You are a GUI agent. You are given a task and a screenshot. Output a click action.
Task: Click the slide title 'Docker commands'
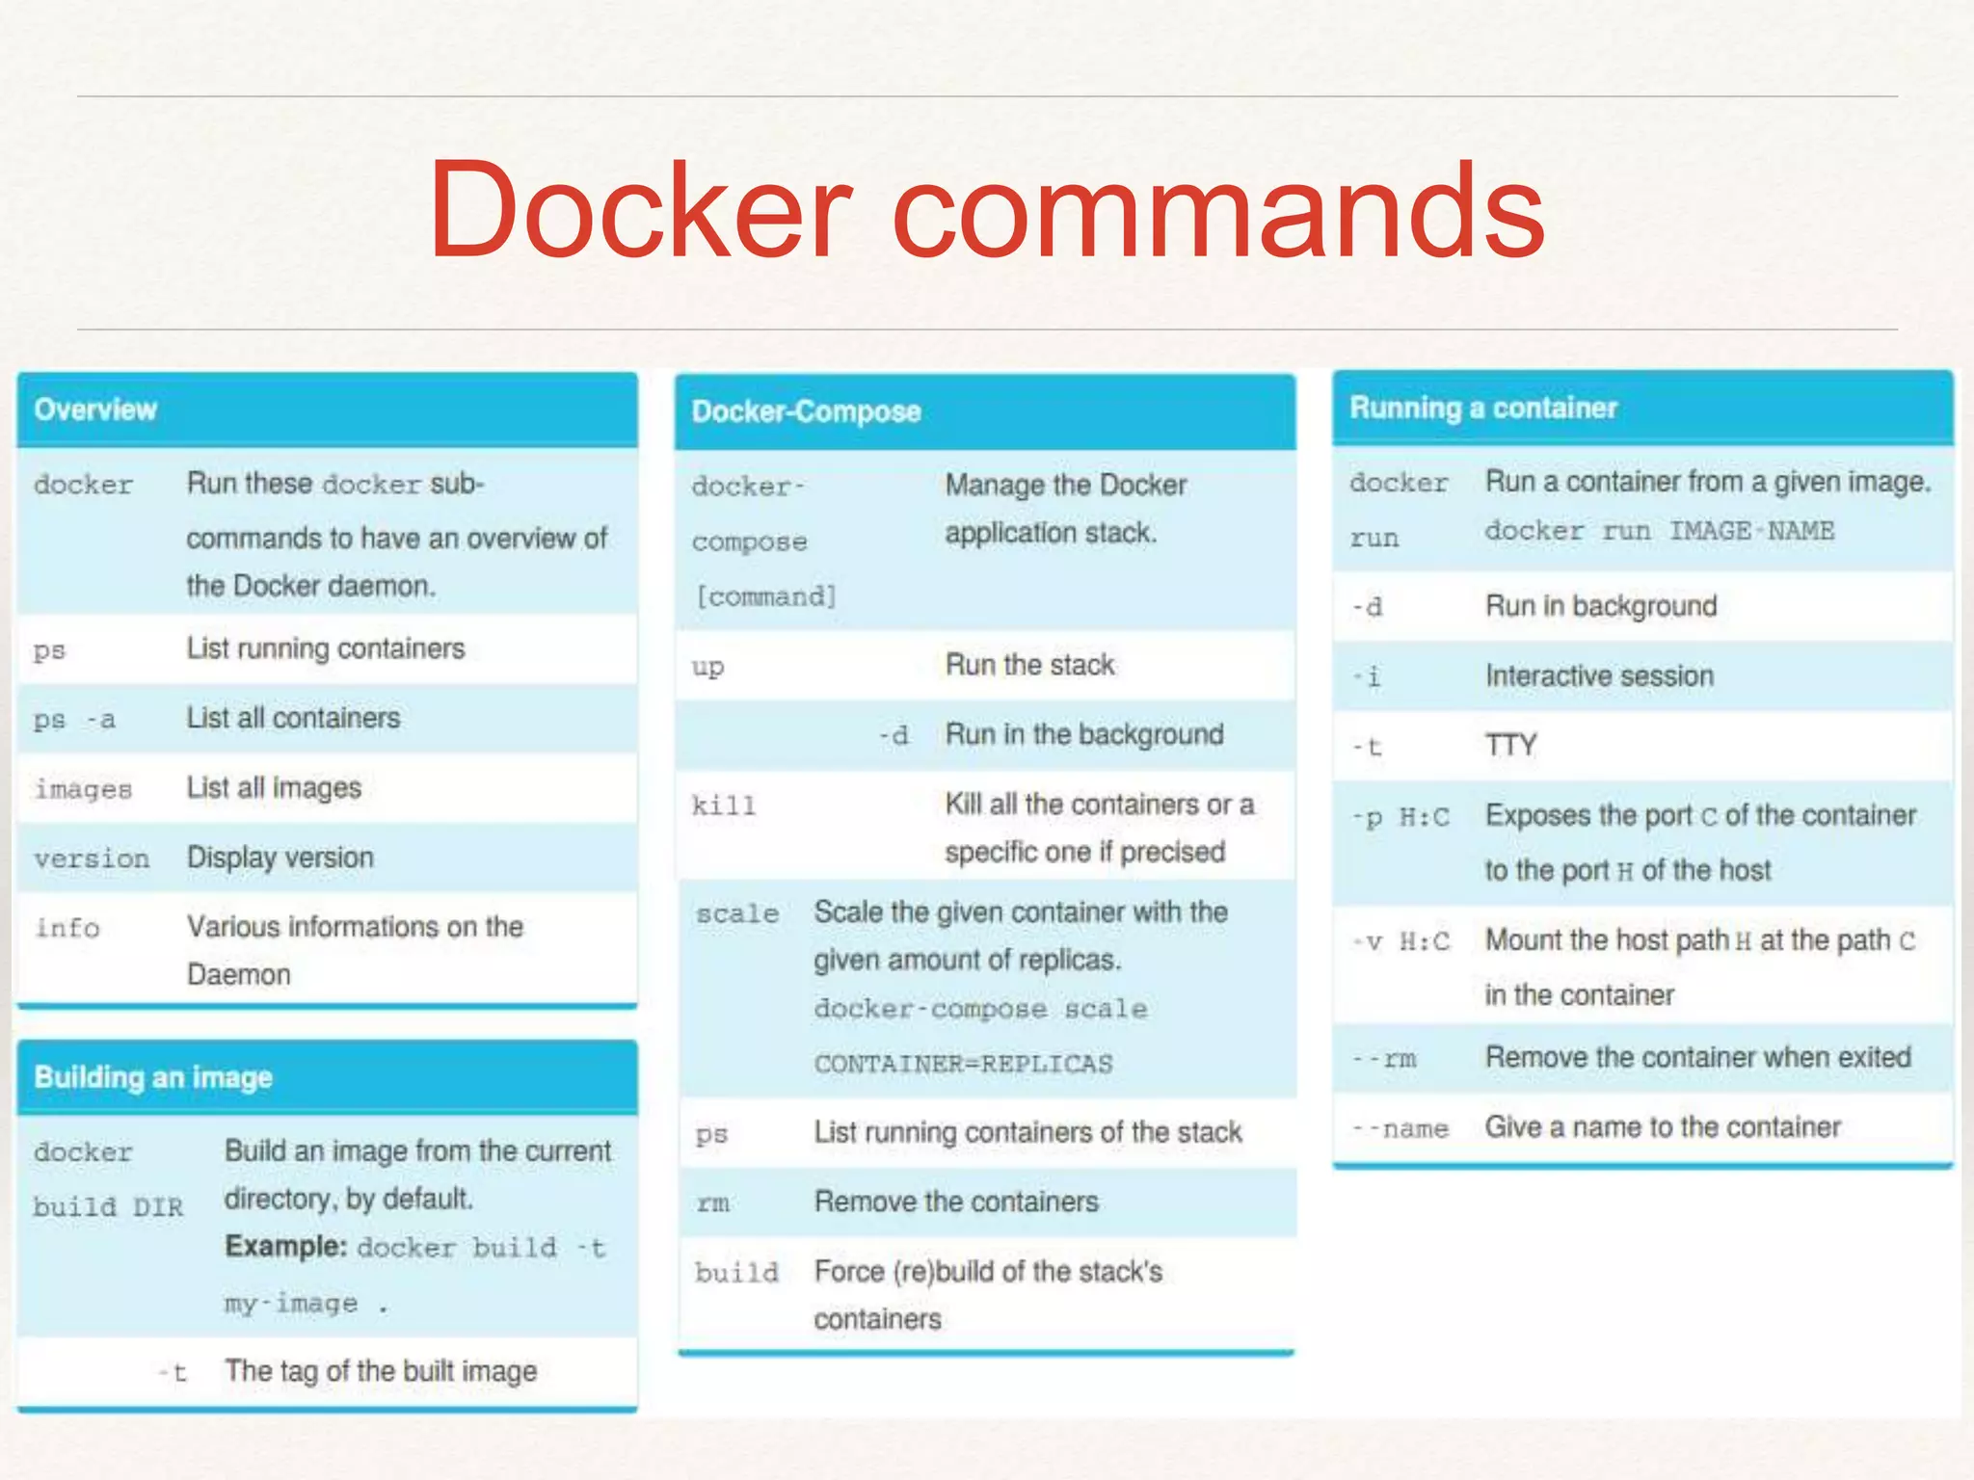coord(986,210)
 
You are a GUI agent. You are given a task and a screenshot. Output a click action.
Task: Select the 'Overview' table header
coord(95,410)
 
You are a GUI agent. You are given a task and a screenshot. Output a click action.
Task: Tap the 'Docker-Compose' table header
coord(806,412)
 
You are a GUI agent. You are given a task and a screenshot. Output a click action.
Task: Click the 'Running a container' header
coord(1482,409)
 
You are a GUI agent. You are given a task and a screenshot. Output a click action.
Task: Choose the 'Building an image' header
coord(153,1077)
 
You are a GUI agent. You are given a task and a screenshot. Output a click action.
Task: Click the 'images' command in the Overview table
coord(83,789)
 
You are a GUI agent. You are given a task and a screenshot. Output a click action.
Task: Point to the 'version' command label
coord(92,859)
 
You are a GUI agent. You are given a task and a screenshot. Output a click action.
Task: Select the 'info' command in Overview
coord(67,928)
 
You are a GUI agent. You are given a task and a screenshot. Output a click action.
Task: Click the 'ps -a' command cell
coord(74,720)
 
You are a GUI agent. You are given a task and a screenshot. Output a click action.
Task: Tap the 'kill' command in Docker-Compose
coord(724,806)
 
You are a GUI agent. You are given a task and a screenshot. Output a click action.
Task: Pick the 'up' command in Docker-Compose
coord(707,667)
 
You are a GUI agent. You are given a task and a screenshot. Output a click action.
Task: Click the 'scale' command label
coord(737,913)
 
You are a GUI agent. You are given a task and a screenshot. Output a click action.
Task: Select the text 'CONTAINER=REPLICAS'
coord(963,1064)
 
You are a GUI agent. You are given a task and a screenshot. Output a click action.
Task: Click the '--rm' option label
coord(1384,1059)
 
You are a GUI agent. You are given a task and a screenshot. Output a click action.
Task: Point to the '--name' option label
coord(1400,1128)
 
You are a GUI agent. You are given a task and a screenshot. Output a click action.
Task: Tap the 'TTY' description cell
coord(1510,746)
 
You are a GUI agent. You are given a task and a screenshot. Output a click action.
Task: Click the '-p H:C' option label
coord(1400,818)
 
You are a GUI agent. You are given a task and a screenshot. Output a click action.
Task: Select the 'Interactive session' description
coord(1599,676)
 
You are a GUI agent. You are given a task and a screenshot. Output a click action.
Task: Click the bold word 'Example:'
coord(285,1247)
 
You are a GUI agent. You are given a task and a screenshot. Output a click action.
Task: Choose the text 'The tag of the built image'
coord(381,1371)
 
